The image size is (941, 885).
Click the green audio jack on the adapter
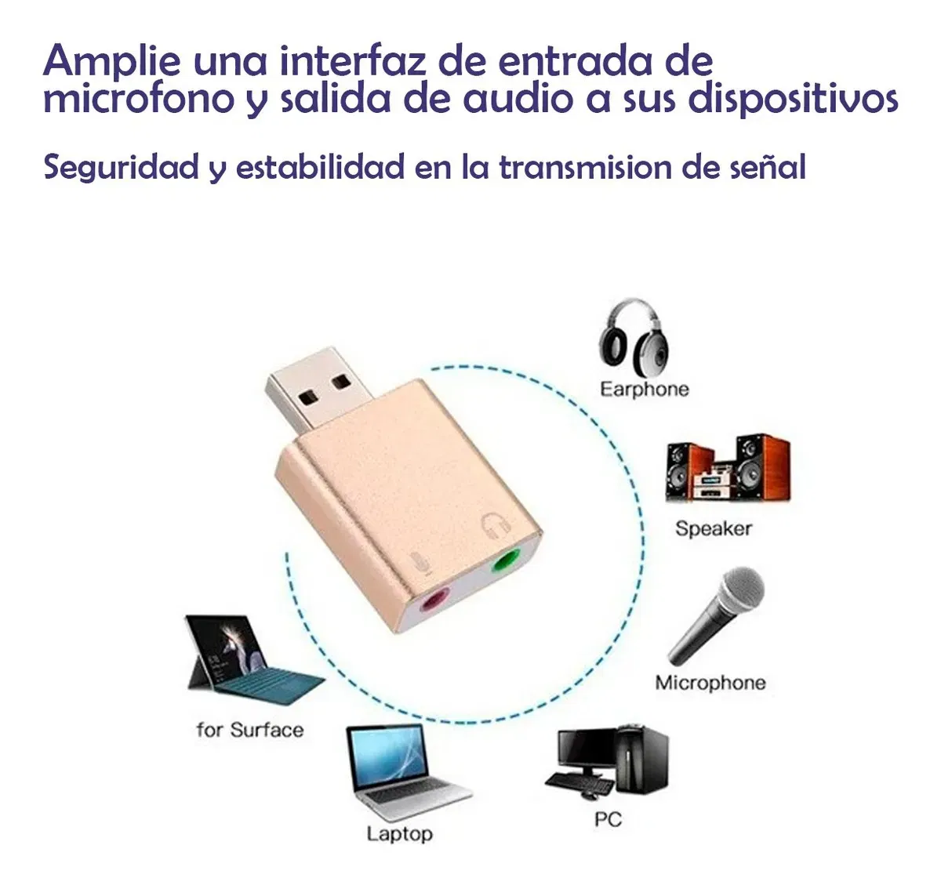click(x=504, y=561)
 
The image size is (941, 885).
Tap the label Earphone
click(x=645, y=389)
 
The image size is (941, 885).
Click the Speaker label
click(x=714, y=528)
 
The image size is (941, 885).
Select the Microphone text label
click(x=710, y=683)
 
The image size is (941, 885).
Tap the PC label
click(x=608, y=820)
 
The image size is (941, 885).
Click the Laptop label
click(x=399, y=833)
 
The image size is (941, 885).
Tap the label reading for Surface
click(x=250, y=730)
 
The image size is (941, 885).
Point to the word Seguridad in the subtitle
click(x=122, y=167)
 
